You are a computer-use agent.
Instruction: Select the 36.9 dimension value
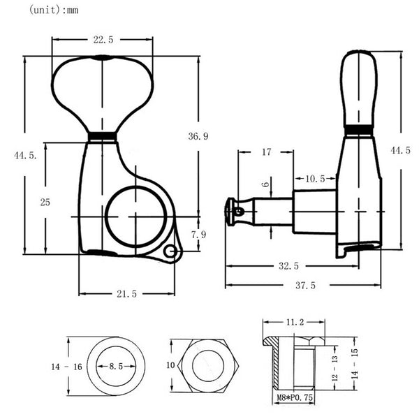198,137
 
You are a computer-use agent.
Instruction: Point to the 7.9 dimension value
198,235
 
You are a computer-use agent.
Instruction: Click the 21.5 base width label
126,294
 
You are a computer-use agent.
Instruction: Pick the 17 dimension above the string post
266,151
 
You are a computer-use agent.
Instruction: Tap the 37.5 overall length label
305,285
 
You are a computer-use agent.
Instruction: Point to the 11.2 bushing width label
294,323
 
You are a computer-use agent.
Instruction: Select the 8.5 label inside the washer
117,366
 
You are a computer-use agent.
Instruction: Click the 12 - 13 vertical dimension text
335,368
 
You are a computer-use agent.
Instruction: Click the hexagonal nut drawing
207,366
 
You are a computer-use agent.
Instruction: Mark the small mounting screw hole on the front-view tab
170,252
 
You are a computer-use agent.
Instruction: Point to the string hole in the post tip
237,211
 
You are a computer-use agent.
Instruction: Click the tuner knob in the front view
102,91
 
